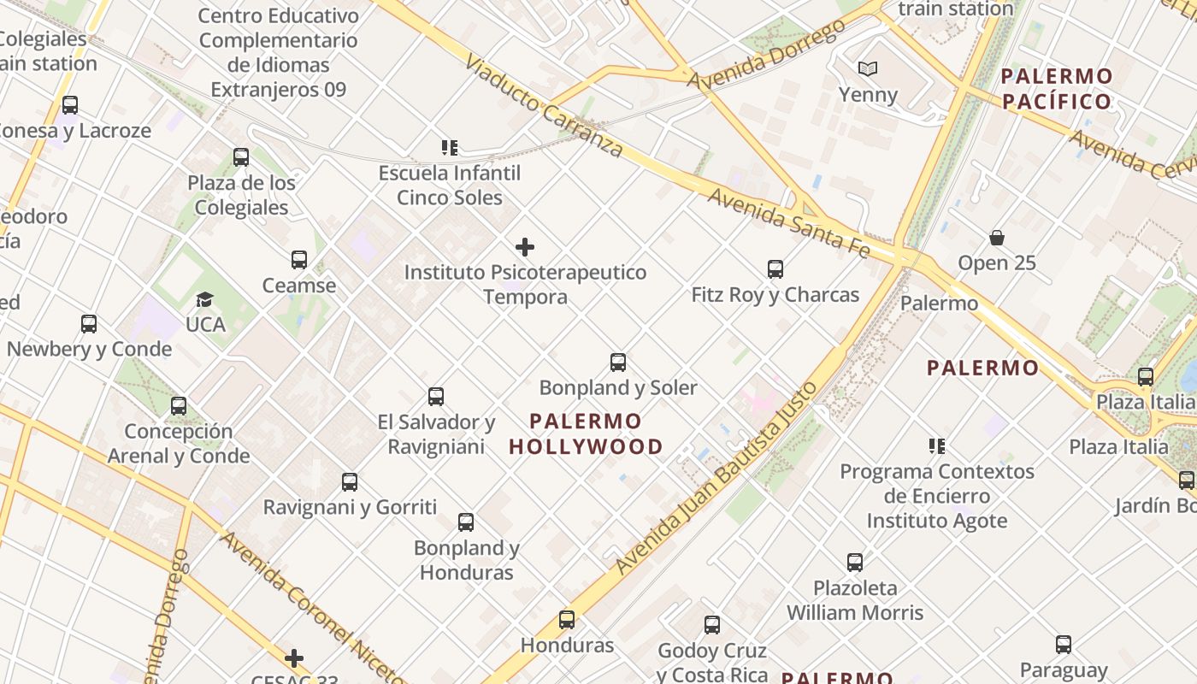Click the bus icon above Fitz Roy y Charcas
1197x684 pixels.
coord(775,269)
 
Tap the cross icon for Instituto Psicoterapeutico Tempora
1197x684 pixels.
coord(525,248)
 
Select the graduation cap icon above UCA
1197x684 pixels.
coord(204,299)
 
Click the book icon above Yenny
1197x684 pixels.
coord(868,68)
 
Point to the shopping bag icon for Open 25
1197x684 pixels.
coord(997,237)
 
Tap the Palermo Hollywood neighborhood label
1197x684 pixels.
coord(586,433)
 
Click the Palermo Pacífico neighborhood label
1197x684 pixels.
coord(1057,89)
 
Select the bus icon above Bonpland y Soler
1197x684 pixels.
coord(618,363)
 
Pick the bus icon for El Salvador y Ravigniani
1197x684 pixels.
coord(436,397)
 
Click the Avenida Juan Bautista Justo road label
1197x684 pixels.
coord(716,479)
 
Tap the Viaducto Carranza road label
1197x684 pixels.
coord(544,107)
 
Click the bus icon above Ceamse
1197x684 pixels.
coord(299,260)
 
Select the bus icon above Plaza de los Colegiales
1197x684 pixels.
coord(241,157)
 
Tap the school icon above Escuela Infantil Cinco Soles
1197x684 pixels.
coord(450,148)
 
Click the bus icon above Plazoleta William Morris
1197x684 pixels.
coord(855,563)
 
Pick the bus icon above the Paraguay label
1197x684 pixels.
coord(1064,645)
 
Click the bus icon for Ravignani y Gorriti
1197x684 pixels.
coord(350,482)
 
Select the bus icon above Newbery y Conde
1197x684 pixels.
coord(89,324)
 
